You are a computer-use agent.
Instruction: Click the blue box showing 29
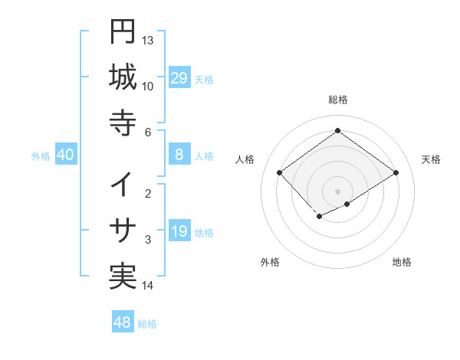pyautogui.click(x=179, y=77)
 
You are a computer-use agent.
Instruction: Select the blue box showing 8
pyautogui.click(x=179, y=155)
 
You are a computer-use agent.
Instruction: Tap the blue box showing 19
pyautogui.click(x=179, y=231)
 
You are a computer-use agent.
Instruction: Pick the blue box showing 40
pyautogui.click(x=65, y=155)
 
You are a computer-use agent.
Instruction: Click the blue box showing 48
pyautogui.click(x=123, y=322)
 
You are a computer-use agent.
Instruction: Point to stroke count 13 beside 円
pyautogui.click(x=148, y=40)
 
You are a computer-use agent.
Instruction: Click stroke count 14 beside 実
pyautogui.click(x=148, y=286)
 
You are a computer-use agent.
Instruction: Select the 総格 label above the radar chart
pyautogui.click(x=338, y=100)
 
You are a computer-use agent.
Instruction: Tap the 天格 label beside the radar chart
pyautogui.click(x=431, y=159)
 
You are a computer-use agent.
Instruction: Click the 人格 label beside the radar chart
pyautogui.click(x=245, y=159)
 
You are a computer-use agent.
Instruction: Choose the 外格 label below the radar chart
pyautogui.click(x=270, y=262)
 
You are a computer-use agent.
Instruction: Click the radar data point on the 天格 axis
pyautogui.click(x=396, y=173)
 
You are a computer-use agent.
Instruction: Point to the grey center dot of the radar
pyautogui.click(x=338, y=191)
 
